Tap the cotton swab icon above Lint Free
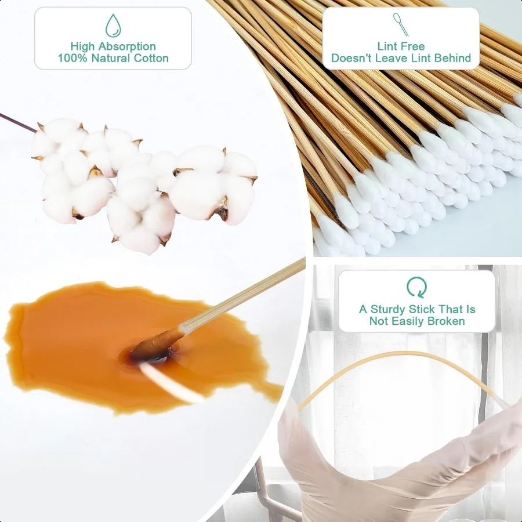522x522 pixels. pyautogui.click(x=401, y=24)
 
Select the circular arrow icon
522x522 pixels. pyautogui.click(x=416, y=287)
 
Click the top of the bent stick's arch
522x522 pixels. pyautogui.click(x=400, y=353)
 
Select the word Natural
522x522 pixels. pyautogui.click(x=111, y=58)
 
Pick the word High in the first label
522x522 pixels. pyautogui.click(x=82, y=46)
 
